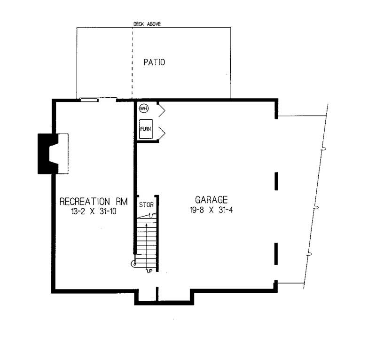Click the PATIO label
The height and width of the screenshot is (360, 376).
154,62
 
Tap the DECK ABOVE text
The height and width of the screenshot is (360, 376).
147,23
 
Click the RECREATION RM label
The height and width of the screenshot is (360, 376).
94,202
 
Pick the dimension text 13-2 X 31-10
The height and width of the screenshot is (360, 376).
94,212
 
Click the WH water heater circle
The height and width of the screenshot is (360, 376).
143,109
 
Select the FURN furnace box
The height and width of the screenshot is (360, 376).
146,129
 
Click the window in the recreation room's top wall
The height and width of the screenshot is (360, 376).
89,99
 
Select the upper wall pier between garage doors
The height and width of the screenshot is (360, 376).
276,180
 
